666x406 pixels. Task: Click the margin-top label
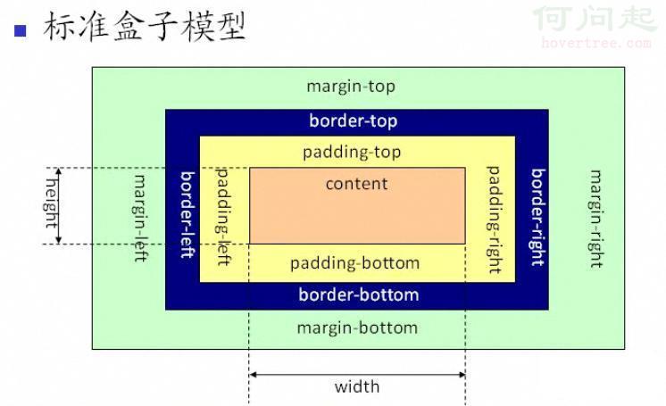pos(350,87)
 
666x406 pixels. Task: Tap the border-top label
pos(354,120)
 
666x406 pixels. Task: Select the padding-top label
pos(352,152)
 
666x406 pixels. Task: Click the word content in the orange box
pos(356,184)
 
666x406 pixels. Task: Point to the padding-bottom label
pos(354,263)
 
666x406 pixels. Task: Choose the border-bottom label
pos(358,294)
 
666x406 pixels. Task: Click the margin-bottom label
pos(357,327)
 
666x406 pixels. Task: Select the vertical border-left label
pos(187,214)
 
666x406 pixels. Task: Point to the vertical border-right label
pos(537,216)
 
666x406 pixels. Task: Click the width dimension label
pos(357,386)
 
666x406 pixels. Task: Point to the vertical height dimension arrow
pos(60,205)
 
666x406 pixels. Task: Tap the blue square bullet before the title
pos(21,29)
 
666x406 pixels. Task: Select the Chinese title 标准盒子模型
pos(144,26)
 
